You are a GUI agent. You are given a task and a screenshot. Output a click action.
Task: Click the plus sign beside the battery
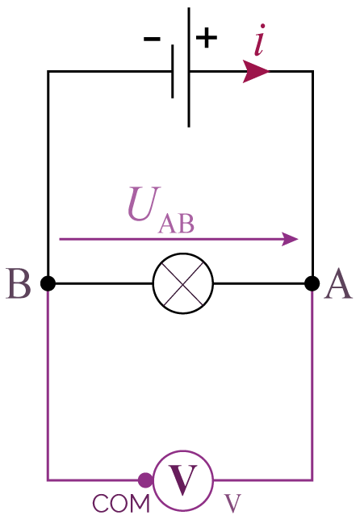pyautogui.click(x=207, y=37)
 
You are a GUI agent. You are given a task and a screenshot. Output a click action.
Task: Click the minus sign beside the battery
pyautogui.click(x=152, y=39)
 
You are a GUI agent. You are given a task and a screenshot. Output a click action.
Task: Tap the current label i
pyautogui.click(x=260, y=40)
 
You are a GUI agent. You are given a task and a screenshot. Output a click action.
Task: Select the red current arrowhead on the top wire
pyautogui.click(x=256, y=72)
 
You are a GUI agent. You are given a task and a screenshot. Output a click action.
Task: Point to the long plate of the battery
pyautogui.click(x=189, y=67)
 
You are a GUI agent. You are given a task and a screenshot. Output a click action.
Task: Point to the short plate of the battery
pyautogui.click(x=173, y=71)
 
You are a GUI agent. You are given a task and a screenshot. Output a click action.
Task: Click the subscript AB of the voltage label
pyautogui.click(x=176, y=224)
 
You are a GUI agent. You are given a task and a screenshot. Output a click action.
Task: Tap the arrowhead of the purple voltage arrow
pyautogui.click(x=290, y=239)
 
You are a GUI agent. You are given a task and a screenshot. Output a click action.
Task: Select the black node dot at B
pyautogui.click(x=48, y=283)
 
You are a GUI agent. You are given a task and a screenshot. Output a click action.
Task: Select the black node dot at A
pyautogui.click(x=312, y=283)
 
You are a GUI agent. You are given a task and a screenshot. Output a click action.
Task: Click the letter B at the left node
pyautogui.click(x=19, y=283)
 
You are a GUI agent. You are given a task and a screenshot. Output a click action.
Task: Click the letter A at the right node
pyautogui.click(x=338, y=283)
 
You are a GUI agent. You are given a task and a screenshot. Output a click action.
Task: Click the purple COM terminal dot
pyautogui.click(x=145, y=480)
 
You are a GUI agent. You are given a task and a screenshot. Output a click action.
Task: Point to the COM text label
pyautogui.click(x=121, y=504)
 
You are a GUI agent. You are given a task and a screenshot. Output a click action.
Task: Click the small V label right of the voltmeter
pyautogui.click(x=232, y=504)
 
